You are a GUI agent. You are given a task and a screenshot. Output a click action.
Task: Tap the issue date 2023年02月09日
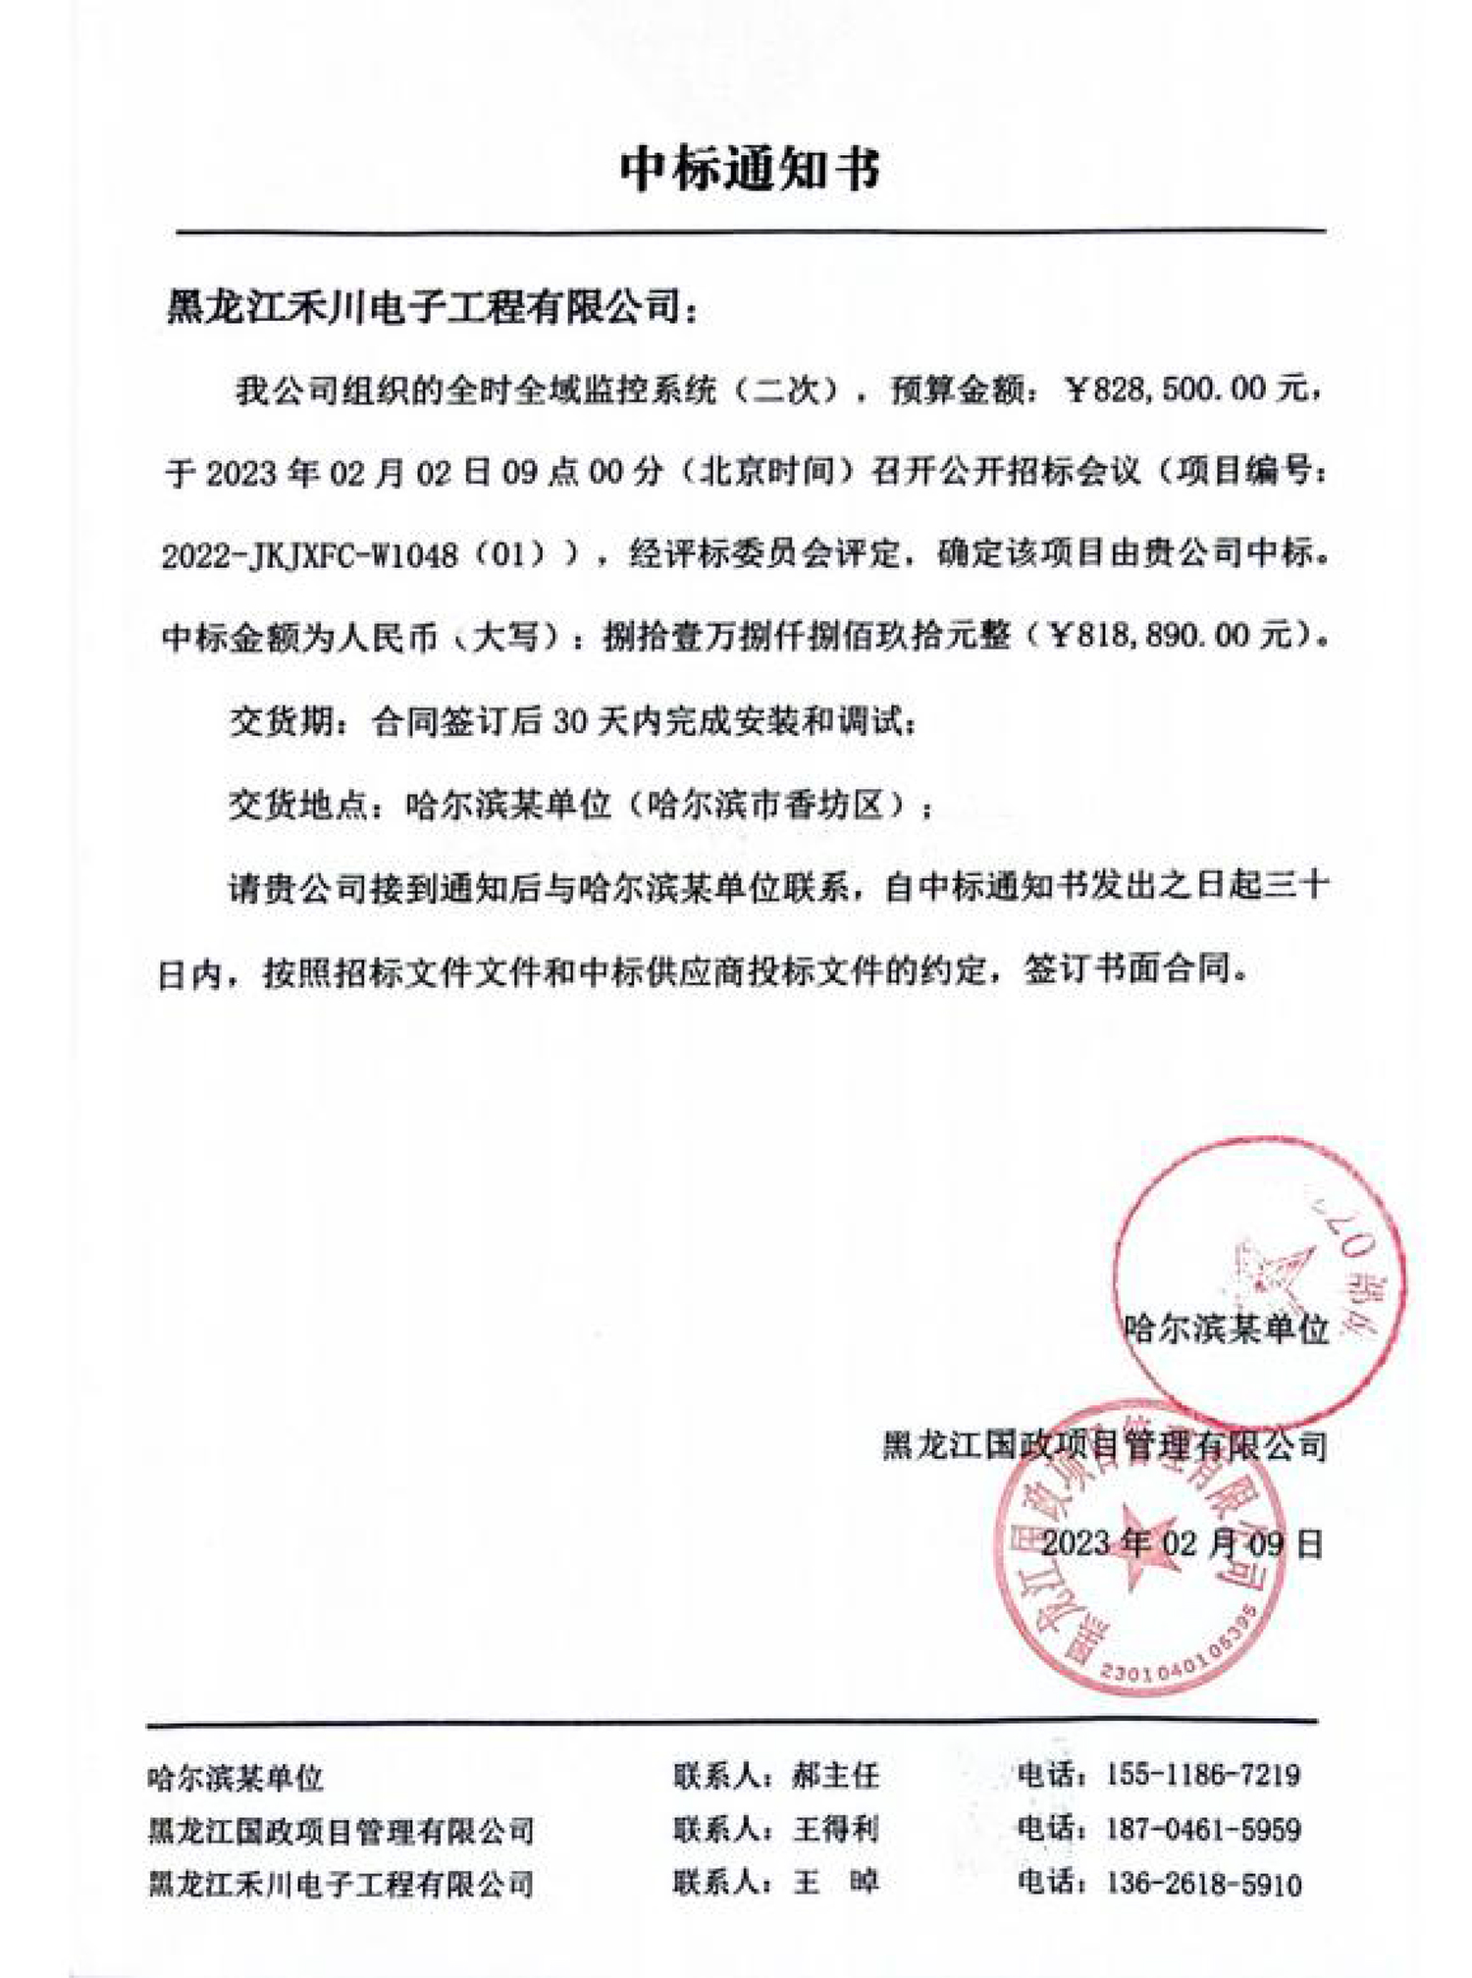coord(1182,1543)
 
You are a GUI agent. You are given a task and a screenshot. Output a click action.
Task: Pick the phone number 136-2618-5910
coord(1203,1883)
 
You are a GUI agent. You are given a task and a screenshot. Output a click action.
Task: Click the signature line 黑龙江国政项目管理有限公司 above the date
coord(1104,1445)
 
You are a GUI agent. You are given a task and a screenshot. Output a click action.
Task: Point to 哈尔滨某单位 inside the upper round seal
coord(1227,1329)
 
